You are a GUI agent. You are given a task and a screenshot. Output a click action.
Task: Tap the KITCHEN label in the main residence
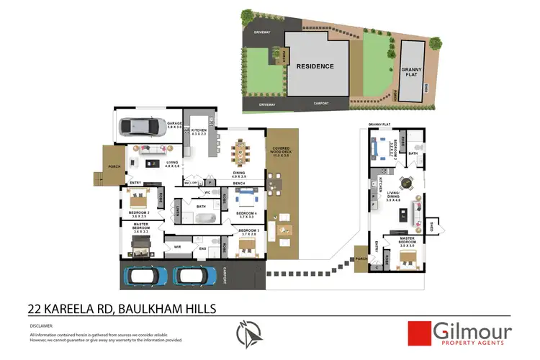click(199, 132)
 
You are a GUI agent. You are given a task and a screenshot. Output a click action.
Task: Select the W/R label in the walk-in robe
click(177, 246)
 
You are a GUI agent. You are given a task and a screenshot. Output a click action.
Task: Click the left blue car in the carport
click(146, 275)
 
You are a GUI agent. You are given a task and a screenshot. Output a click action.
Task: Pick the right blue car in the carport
click(194, 275)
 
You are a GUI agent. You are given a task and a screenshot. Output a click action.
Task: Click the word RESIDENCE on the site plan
click(315, 66)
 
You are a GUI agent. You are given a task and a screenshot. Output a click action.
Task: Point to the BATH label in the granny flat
click(413, 153)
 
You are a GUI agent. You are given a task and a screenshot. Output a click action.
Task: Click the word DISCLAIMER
click(42, 324)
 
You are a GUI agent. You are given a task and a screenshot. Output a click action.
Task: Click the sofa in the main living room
click(153, 149)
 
